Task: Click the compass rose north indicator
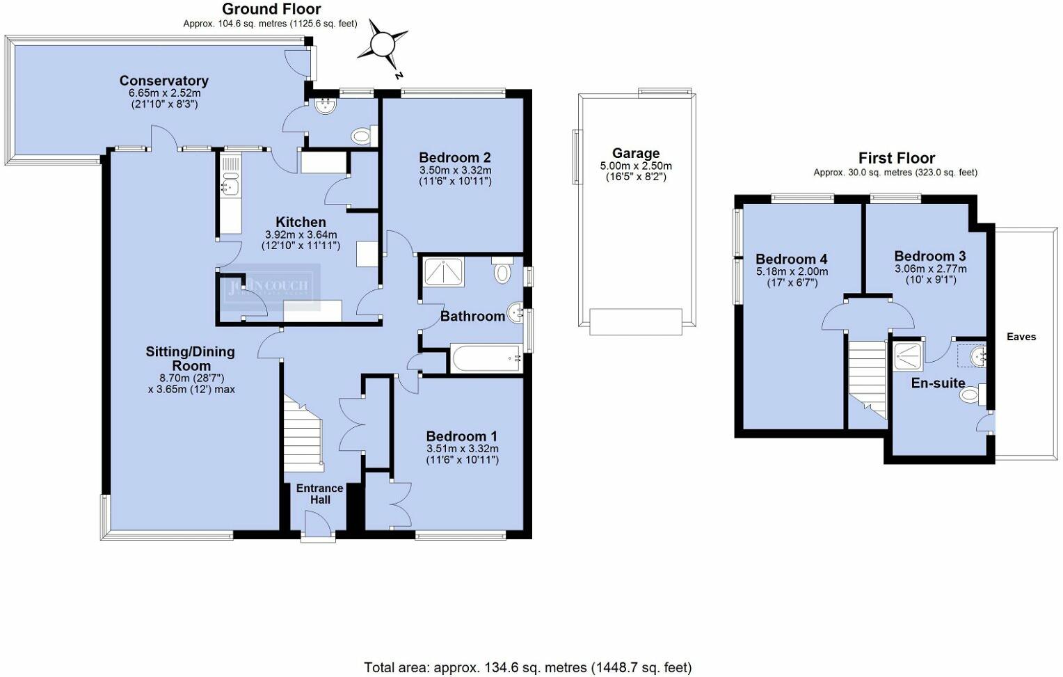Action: coord(382,45)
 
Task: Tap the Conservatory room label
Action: coord(163,81)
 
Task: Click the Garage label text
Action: coord(635,153)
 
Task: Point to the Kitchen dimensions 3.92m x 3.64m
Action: coord(301,234)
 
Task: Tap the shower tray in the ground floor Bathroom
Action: coord(443,272)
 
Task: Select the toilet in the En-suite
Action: coord(969,395)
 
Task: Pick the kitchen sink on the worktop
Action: coord(229,186)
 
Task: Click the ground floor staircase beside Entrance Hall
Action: coord(302,431)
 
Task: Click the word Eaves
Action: coord(1021,337)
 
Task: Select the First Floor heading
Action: coord(896,158)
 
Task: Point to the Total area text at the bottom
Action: coord(527,667)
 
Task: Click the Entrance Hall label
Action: coord(319,493)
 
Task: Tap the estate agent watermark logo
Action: coord(267,287)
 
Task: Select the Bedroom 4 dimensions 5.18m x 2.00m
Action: coord(792,272)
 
